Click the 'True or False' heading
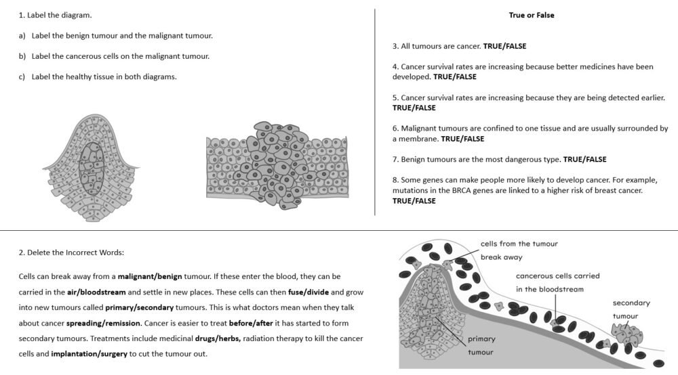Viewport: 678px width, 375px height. [x=532, y=15]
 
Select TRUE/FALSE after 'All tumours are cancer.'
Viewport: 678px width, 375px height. [x=504, y=46]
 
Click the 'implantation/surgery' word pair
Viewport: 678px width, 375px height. [x=89, y=354]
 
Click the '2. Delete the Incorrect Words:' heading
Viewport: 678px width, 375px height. [x=71, y=252]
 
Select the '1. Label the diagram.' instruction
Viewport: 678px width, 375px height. [x=55, y=15]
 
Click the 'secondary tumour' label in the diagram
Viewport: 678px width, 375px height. [x=631, y=309]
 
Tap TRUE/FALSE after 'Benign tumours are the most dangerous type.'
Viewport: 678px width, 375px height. [x=584, y=159]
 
